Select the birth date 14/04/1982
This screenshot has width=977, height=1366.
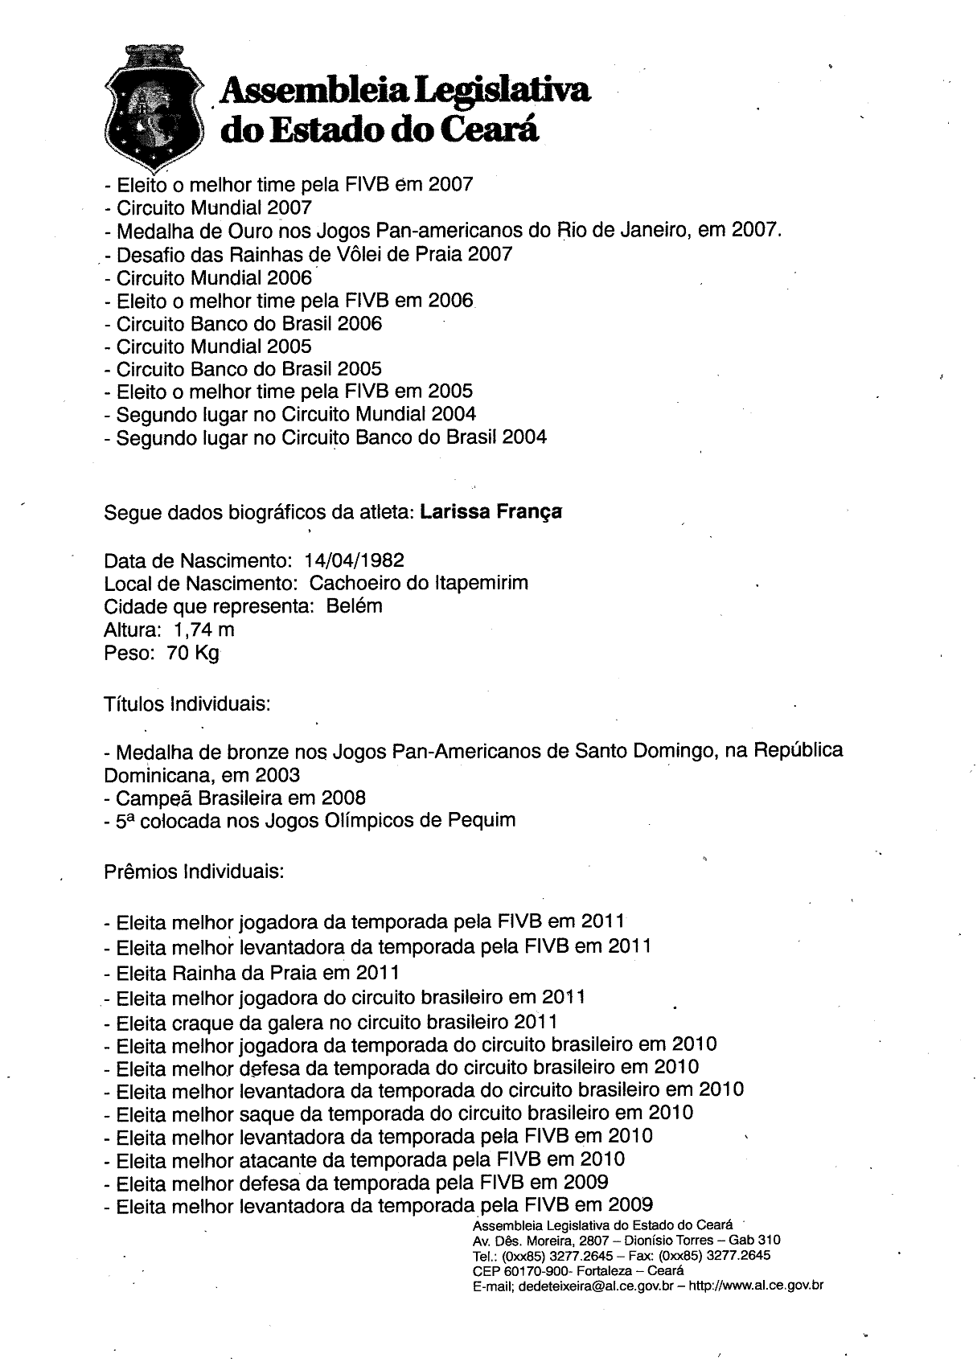coord(354,560)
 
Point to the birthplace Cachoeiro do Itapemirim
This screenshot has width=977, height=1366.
coord(419,583)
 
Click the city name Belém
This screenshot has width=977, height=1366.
coord(355,605)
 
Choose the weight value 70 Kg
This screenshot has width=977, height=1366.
coord(193,652)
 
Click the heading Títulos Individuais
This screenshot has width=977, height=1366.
coord(187,704)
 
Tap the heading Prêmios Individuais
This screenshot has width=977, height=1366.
coord(194,872)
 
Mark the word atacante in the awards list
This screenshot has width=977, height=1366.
coord(277,1159)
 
